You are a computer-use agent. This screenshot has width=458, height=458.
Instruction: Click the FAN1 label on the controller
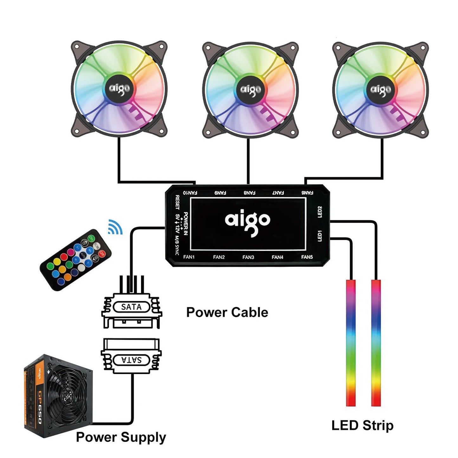(x=189, y=257)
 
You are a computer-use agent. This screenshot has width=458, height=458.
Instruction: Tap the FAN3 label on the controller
(x=248, y=257)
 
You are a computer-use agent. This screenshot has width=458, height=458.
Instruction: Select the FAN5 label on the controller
(x=307, y=257)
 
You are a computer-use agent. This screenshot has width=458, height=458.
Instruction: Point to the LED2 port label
(x=320, y=212)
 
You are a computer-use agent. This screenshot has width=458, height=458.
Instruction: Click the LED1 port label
(x=320, y=236)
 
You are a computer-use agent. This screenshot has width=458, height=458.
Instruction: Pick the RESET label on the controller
(x=177, y=202)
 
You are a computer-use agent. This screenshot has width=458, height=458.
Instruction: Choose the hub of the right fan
(x=380, y=90)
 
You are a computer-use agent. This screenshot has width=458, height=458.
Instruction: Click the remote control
(x=76, y=260)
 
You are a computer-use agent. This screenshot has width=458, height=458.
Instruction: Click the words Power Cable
(x=227, y=312)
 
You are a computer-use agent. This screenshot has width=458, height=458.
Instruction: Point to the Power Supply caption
(x=121, y=437)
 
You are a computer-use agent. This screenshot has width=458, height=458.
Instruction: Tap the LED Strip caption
(x=362, y=425)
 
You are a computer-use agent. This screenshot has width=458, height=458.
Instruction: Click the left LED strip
(x=351, y=342)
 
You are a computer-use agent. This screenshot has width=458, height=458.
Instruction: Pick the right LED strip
(x=376, y=342)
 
